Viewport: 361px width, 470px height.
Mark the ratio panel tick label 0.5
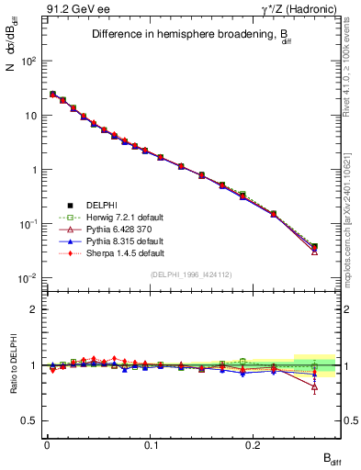coord(29,420)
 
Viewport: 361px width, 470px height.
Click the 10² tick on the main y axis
coord(28,61)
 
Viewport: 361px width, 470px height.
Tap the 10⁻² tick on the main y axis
coord(28,278)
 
